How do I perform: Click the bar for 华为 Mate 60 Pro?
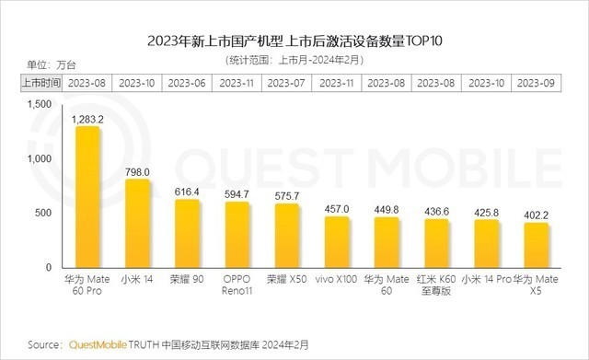tap(88, 196)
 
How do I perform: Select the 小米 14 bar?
tap(138, 223)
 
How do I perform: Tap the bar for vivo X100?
tap(337, 241)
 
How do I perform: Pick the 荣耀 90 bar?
tap(188, 233)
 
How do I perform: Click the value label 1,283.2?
tap(88, 119)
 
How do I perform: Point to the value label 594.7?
tap(237, 193)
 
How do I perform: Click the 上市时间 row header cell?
tap(40, 83)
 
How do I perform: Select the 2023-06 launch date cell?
tap(188, 83)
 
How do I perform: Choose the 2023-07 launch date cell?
tap(287, 83)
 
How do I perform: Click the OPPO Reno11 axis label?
tap(237, 285)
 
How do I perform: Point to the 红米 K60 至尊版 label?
tap(435, 285)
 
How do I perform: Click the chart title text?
tap(294, 41)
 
